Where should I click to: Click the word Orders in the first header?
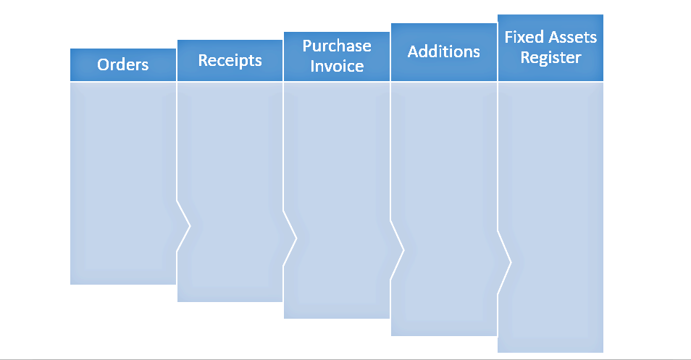click(x=123, y=64)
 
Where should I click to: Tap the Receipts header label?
click(x=230, y=60)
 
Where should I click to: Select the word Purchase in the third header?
click(x=337, y=46)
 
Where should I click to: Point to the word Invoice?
click(x=337, y=67)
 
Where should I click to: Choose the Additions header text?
click(x=443, y=51)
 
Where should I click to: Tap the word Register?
click(x=550, y=58)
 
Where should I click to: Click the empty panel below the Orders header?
click(x=123, y=181)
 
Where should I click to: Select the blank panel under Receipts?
click(x=230, y=181)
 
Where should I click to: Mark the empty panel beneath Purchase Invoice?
click(x=337, y=181)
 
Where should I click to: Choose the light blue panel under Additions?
click(x=443, y=181)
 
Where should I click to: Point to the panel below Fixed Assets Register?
click(x=550, y=181)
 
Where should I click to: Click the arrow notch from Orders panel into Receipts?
click(x=184, y=227)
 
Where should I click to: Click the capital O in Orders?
click(x=104, y=64)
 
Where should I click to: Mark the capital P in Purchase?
click(x=307, y=46)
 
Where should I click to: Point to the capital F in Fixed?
click(x=508, y=37)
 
